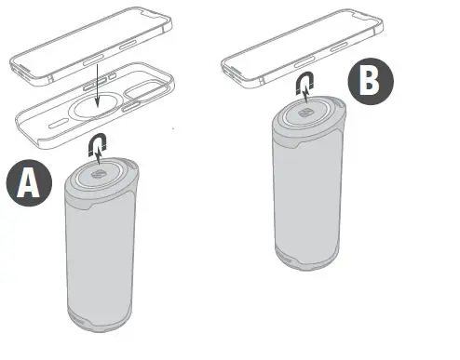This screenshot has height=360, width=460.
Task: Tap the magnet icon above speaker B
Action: [302, 86]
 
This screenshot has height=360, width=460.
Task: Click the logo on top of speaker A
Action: [98, 175]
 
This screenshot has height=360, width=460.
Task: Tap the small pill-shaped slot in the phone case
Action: [58, 121]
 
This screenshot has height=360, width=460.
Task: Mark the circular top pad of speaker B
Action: [310, 114]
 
